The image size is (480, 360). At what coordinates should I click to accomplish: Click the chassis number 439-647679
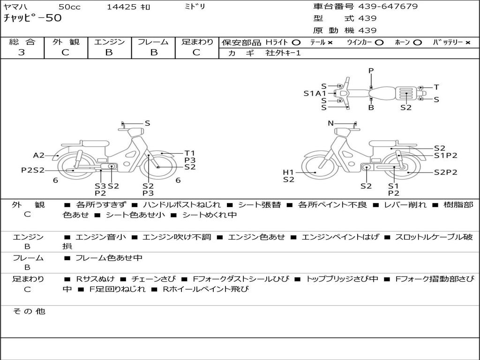pyautogui.click(x=388, y=7)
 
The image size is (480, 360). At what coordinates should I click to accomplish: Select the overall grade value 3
pyautogui.click(x=22, y=52)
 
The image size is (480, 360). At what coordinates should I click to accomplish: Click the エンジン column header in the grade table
pyautogui.click(x=109, y=42)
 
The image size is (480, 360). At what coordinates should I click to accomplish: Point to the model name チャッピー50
pyautogui.click(x=32, y=18)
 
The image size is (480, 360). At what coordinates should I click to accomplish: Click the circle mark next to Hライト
pyautogui.click(x=296, y=43)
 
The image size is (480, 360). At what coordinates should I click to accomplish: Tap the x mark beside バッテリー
pyautogui.click(x=468, y=43)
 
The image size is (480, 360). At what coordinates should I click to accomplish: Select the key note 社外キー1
pyautogui.click(x=283, y=53)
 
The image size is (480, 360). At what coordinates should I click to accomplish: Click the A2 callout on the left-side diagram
pyautogui.click(x=39, y=156)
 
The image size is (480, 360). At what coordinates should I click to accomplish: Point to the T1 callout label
pyautogui.click(x=190, y=153)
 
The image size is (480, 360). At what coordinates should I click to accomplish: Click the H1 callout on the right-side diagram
pyautogui.click(x=288, y=172)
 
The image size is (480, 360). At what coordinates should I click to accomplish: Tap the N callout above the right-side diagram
pyautogui.click(x=330, y=123)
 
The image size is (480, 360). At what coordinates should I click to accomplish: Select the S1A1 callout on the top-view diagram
pyautogui.click(x=315, y=93)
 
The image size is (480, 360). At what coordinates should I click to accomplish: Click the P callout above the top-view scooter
pyautogui.click(x=371, y=71)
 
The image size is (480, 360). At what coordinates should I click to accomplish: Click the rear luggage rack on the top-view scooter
pyautogui.click(x=406, y=93)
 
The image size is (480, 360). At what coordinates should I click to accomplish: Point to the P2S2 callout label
pyautogui.click(x=33, y=170)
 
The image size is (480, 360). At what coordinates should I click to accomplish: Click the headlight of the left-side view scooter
pyautogui.click(x=135, y=132)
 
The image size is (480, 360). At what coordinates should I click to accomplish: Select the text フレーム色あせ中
pyautogui.click(x=109, y=258)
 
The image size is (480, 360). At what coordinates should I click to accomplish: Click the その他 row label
pyautogui.click(x=29, y=311)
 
